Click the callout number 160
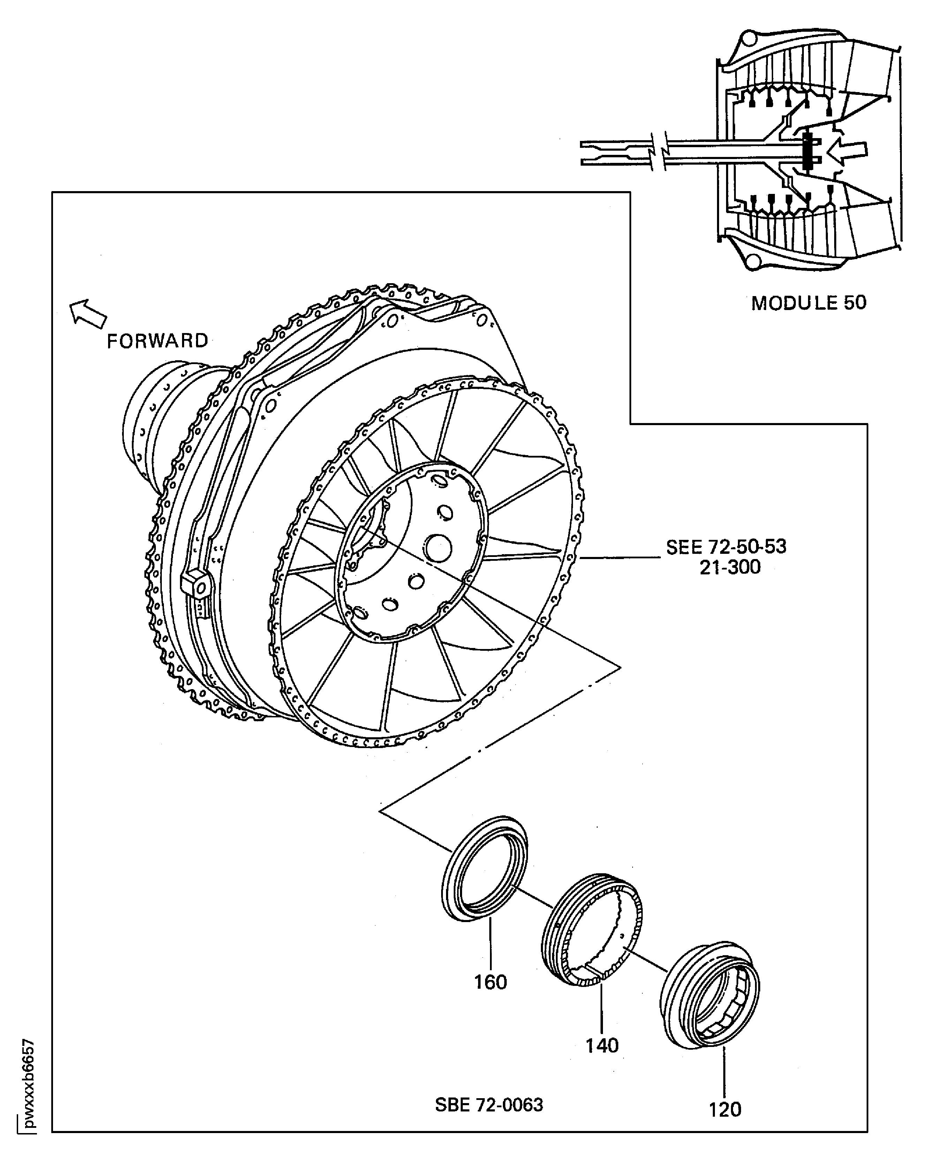pyautogui.click(x=490, y=982)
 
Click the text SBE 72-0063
pyautogui.click(x=489, y=1104)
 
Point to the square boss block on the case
pyautogui.click(x=196, y=585)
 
